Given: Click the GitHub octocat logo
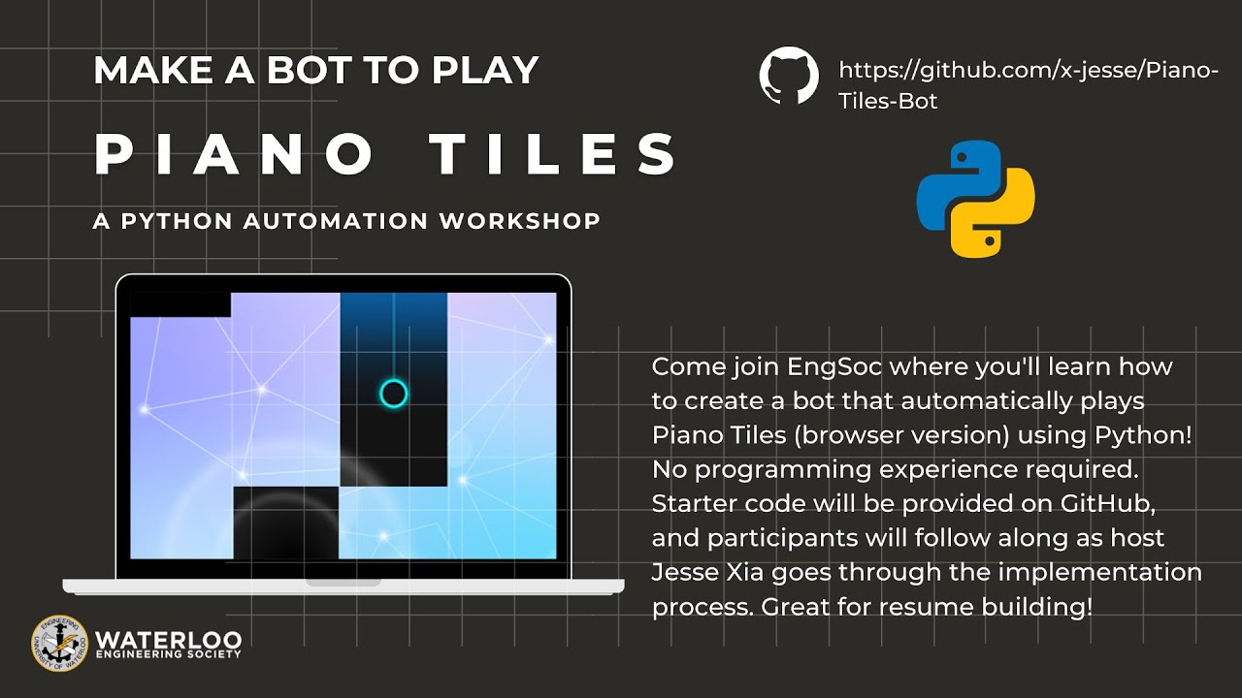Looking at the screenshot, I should (x=789, y=77).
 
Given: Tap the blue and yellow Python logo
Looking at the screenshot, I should (x=975, y=199).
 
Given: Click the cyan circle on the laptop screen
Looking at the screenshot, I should (x=393, y=393).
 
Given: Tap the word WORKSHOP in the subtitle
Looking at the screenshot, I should (x=520, y=221).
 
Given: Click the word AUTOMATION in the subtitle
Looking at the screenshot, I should (x=336, y=221).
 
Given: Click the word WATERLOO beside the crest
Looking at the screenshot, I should (x=167, y=639).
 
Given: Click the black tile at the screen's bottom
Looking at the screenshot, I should (x=286, y=523).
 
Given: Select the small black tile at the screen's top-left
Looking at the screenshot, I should (x=180, y=304).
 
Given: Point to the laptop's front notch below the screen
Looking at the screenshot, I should (x=343, y=583).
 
